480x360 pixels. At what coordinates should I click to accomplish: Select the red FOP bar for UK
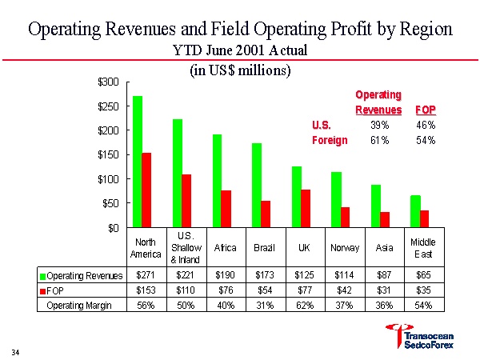click(x=306, y=208)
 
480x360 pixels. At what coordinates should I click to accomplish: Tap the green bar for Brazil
click(x=256, y=185)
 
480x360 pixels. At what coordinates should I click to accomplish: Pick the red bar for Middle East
click(x=426, y=218)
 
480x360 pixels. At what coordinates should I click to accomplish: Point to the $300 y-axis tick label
click(x=108, y=82)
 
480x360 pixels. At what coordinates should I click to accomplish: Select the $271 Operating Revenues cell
click(x=145, y=275)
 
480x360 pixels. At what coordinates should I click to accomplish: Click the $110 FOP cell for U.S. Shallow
click(x=184, y=290)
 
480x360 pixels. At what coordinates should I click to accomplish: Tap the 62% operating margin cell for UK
click(x=304, y=305)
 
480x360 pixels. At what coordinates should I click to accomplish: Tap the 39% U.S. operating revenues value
click(x=379, y=125)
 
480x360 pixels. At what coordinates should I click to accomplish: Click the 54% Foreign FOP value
click(x=426, y=140)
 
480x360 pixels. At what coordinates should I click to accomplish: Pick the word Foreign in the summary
click(x=329, y=140)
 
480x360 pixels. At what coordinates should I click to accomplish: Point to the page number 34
click(x=16, y=350)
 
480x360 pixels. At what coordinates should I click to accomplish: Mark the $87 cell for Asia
click(x=384, y=275)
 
